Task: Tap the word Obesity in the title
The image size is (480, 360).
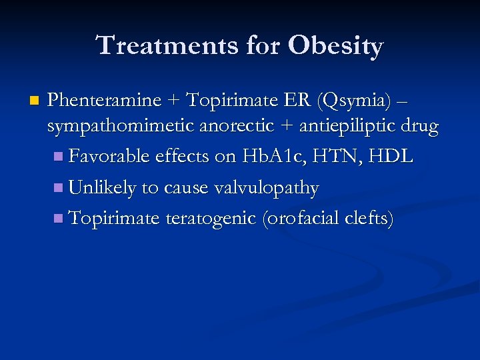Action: [336, 47]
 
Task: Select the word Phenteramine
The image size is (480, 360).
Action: [105, 101]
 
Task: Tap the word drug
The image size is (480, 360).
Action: [421, 128]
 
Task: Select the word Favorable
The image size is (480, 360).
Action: [109, 157]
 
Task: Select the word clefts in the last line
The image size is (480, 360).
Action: [367, 219]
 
